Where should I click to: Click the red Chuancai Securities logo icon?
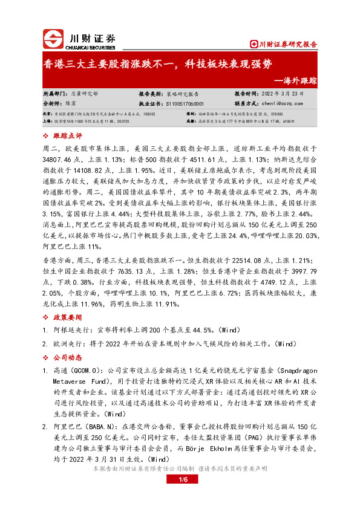[x=53, y=39]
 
